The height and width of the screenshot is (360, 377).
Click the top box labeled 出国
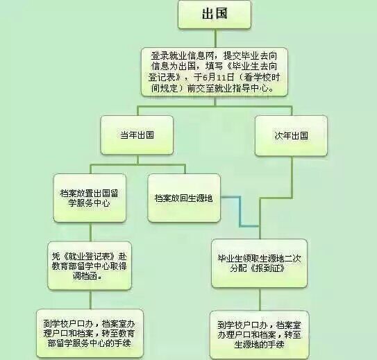coord(215,15)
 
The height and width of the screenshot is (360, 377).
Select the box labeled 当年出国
coord(137,135)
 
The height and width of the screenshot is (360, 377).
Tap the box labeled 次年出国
coord(291,136)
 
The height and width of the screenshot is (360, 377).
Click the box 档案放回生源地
coord(184,198)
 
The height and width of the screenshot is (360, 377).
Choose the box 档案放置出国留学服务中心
coord(90,198)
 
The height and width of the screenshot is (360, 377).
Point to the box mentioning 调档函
coord(90,266)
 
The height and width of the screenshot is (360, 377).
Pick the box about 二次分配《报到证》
coord(260,264)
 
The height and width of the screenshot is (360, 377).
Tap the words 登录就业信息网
coord(182,56)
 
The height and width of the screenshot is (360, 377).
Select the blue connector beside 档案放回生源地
coord(240,212)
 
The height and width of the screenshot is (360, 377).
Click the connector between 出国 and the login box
coord(215,38)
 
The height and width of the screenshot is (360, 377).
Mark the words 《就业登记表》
coord(89,256)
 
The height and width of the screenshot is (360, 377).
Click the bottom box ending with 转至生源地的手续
coord(260,335)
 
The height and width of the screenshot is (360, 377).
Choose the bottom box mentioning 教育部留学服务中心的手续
coord(90,334)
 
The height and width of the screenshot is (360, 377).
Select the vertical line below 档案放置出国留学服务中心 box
coord(91,232)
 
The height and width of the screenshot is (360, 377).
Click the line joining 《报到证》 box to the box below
coord(260,299)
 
